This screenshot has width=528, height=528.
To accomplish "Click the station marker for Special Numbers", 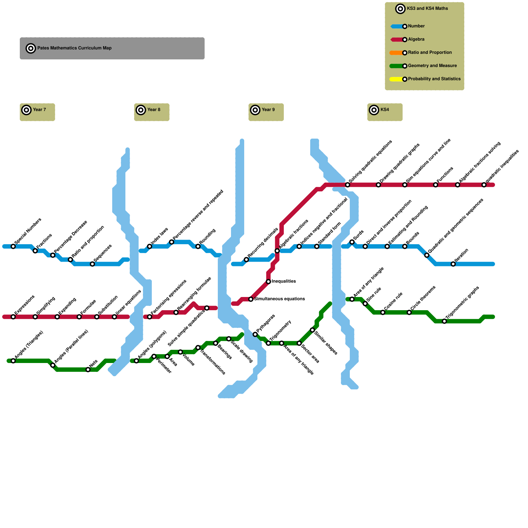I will (x=13, y=247).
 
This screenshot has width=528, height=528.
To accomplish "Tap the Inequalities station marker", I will (x=269, y=281).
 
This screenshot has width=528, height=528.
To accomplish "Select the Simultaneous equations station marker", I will (x=251, y=299).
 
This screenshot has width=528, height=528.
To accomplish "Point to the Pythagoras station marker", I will (x=255, y=335).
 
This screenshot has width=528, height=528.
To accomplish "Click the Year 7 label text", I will (x=39, y=110).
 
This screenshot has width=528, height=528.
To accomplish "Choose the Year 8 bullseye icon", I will (x=141, y=110).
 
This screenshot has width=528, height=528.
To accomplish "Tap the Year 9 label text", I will (x=268, y=110).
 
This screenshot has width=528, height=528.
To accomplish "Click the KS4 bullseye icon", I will (x=374, y=110).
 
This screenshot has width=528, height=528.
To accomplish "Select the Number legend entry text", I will (x=416, y=26).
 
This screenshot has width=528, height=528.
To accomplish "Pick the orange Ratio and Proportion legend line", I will (x=397, y=53).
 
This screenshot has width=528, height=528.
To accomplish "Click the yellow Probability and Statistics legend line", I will (x=397, y=79).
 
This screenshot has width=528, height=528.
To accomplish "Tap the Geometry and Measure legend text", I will (x=432, y=66).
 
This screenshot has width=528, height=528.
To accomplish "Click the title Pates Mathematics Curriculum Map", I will (x=74, y=48).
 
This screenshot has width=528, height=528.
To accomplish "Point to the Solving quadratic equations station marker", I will (x=347, y=185).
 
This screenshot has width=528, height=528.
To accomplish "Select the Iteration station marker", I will (x=453, y=264).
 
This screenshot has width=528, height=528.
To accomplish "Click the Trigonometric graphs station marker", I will (x=444, y=321).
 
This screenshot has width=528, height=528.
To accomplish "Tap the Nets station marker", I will (x=88, y=370).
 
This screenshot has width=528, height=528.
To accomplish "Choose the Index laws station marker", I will (x=149, y=247).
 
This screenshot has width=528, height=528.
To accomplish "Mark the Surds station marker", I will (x=352, y=242).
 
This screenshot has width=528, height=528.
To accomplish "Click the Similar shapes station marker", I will (x=312, y=330).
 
